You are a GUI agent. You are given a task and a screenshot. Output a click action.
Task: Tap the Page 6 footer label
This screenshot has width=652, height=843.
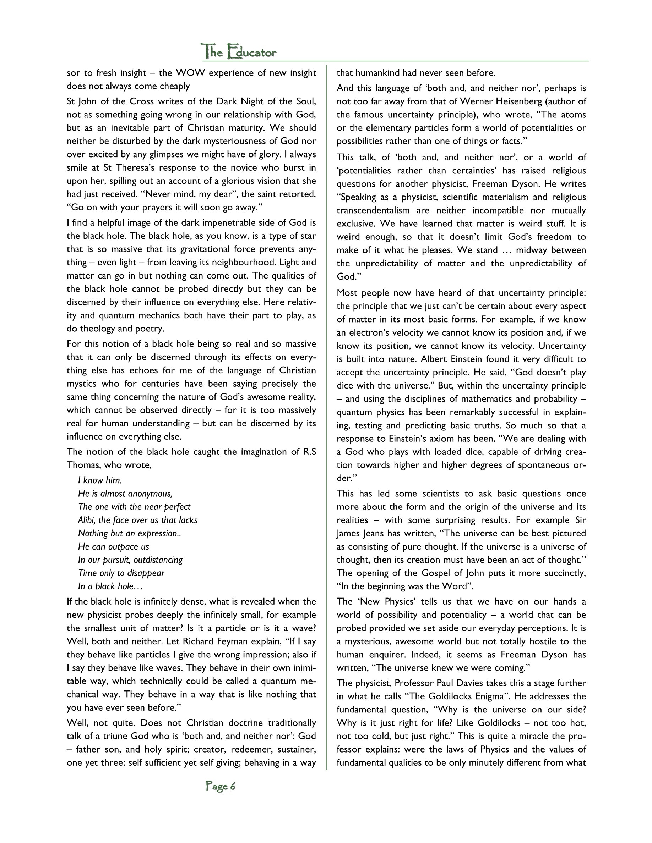point(221,786)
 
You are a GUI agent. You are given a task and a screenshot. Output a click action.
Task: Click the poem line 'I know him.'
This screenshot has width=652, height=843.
point(100,480)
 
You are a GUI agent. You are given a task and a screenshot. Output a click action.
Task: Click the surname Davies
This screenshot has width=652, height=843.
point(468,683)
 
